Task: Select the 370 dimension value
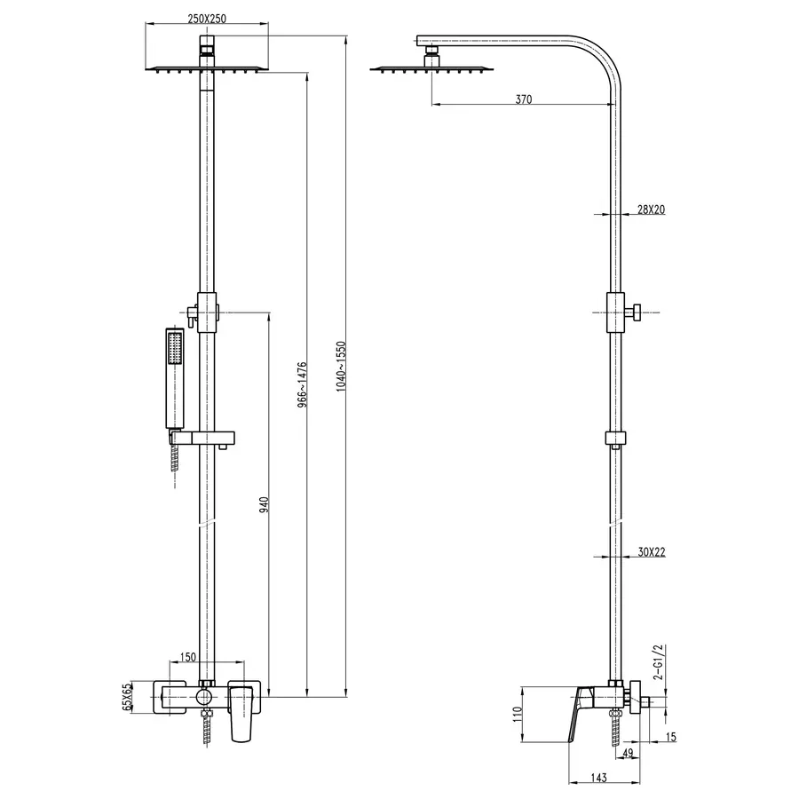tap(523, 99)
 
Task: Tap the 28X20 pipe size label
tap(651, 210)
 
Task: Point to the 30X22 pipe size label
tap(651, 551)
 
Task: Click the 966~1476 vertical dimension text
tap(302, 384)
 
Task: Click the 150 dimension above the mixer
tap(189, 657)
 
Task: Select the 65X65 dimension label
tap(127, 698)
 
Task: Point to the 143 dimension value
tap(598, 778)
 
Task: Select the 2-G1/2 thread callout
tap(658, 661)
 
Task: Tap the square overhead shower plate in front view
tap(206, 68)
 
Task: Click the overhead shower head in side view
tap(429, 68)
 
